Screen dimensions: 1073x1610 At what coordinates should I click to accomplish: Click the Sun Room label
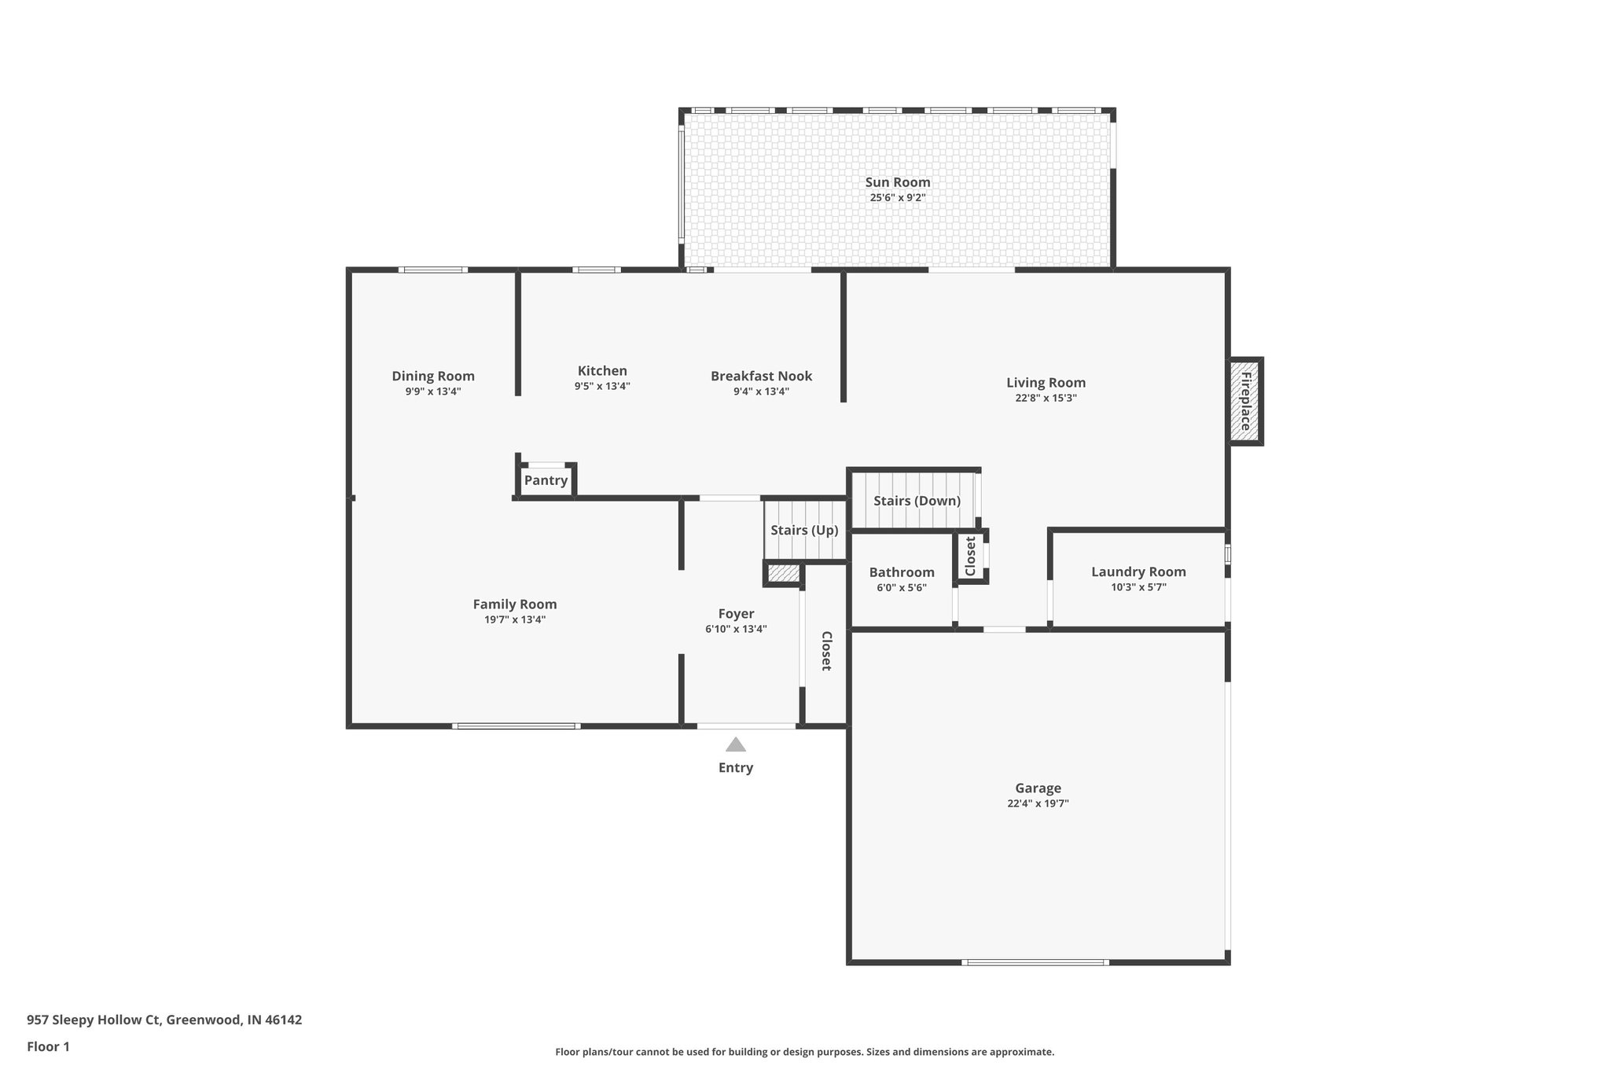tap(897, 182)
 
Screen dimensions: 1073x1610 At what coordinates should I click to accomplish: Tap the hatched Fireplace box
tap(1245, 402)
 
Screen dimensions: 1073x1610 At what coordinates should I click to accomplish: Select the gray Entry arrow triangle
tap(735, 744)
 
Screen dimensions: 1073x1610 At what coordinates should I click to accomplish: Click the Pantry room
tap(546, 480)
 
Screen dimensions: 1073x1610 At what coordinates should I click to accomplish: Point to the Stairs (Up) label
tap(804, 530)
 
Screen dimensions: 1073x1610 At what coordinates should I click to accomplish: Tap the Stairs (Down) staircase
tap(916, 500)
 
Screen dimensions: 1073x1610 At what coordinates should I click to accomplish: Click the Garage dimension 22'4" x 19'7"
tap(1038, 803)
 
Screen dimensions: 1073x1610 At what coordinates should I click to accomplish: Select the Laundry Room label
tap(1138, 571)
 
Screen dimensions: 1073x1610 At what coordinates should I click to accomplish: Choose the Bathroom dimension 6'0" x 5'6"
tap(901, 587)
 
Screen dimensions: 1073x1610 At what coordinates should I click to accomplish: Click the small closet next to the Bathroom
tap(970, 556)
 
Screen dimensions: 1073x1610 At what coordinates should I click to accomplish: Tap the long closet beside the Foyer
tap(825, 650)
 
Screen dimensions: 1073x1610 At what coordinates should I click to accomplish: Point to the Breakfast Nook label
tap(761, 376)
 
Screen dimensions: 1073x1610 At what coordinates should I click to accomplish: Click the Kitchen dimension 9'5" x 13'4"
tap(601, 386)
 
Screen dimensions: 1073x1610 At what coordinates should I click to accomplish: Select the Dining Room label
tap(433, 376)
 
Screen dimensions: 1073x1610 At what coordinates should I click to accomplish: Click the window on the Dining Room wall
tap(432, 270)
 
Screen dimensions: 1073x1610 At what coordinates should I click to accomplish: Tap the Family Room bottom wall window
tap(516, 726)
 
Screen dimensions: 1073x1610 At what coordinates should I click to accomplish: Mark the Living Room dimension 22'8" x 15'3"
tap(1046, 398)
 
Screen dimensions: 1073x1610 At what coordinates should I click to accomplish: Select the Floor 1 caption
tap(48, 1046)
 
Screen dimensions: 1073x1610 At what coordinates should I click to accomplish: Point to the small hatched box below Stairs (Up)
tap(783, 573)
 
